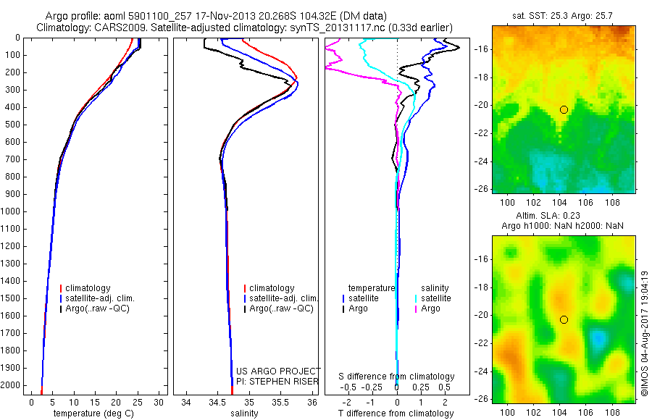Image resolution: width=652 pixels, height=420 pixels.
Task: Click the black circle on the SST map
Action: tap(564, 109)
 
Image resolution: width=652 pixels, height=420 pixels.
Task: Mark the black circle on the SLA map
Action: tap(564, 319)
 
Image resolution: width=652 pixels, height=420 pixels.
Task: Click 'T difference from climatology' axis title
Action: tap(396, 413)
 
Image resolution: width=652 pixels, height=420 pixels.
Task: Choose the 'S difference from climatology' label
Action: tap(396, 377)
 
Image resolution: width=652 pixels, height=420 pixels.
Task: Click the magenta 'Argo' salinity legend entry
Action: tap(430, 308)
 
